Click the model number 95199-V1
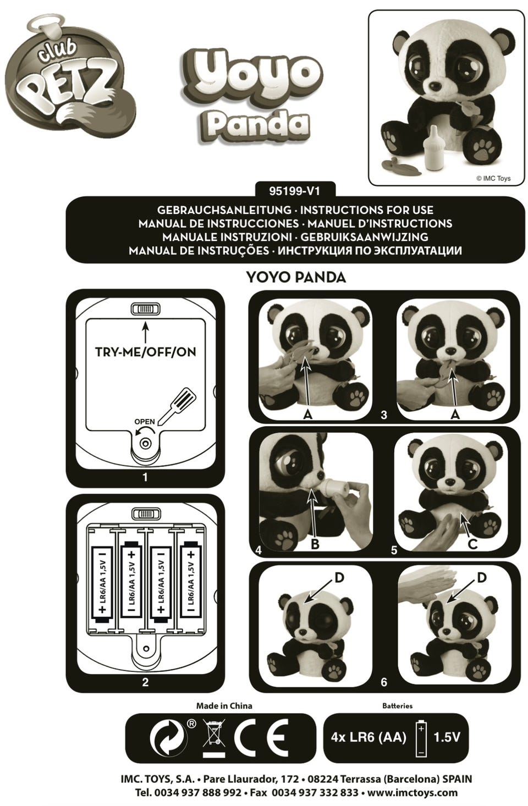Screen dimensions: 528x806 pos(294,191)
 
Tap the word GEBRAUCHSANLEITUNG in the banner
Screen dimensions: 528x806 pos(224,210)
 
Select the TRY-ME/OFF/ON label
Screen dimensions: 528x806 pos(145,352)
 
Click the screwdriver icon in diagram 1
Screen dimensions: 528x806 pos(177,405)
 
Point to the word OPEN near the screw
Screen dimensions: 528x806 pos(145,421)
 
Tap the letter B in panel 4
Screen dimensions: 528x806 pos(315,544)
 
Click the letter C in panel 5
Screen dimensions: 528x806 pos(472,544)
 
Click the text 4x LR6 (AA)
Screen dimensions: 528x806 pos(369,737)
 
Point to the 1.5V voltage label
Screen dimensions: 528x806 pos(447,737)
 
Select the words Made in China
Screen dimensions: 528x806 pos(224,705)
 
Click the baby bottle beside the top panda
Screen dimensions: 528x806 pos(434,152)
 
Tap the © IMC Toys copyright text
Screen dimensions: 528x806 pos(493,178)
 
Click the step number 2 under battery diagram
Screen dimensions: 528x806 pos(145,682)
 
